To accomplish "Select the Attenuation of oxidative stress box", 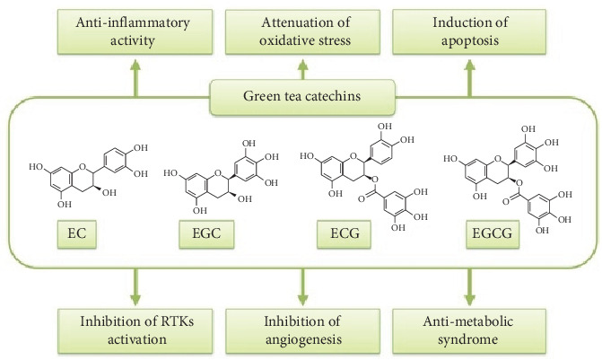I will pyautogui.click(x=301, y=32).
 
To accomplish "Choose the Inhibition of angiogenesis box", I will pyautogui.click(x=301, y=329).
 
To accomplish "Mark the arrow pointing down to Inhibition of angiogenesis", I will pyautogui.click(x=301, y=284).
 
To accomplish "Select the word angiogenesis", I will pyautogui.click(x=301, y=337).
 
